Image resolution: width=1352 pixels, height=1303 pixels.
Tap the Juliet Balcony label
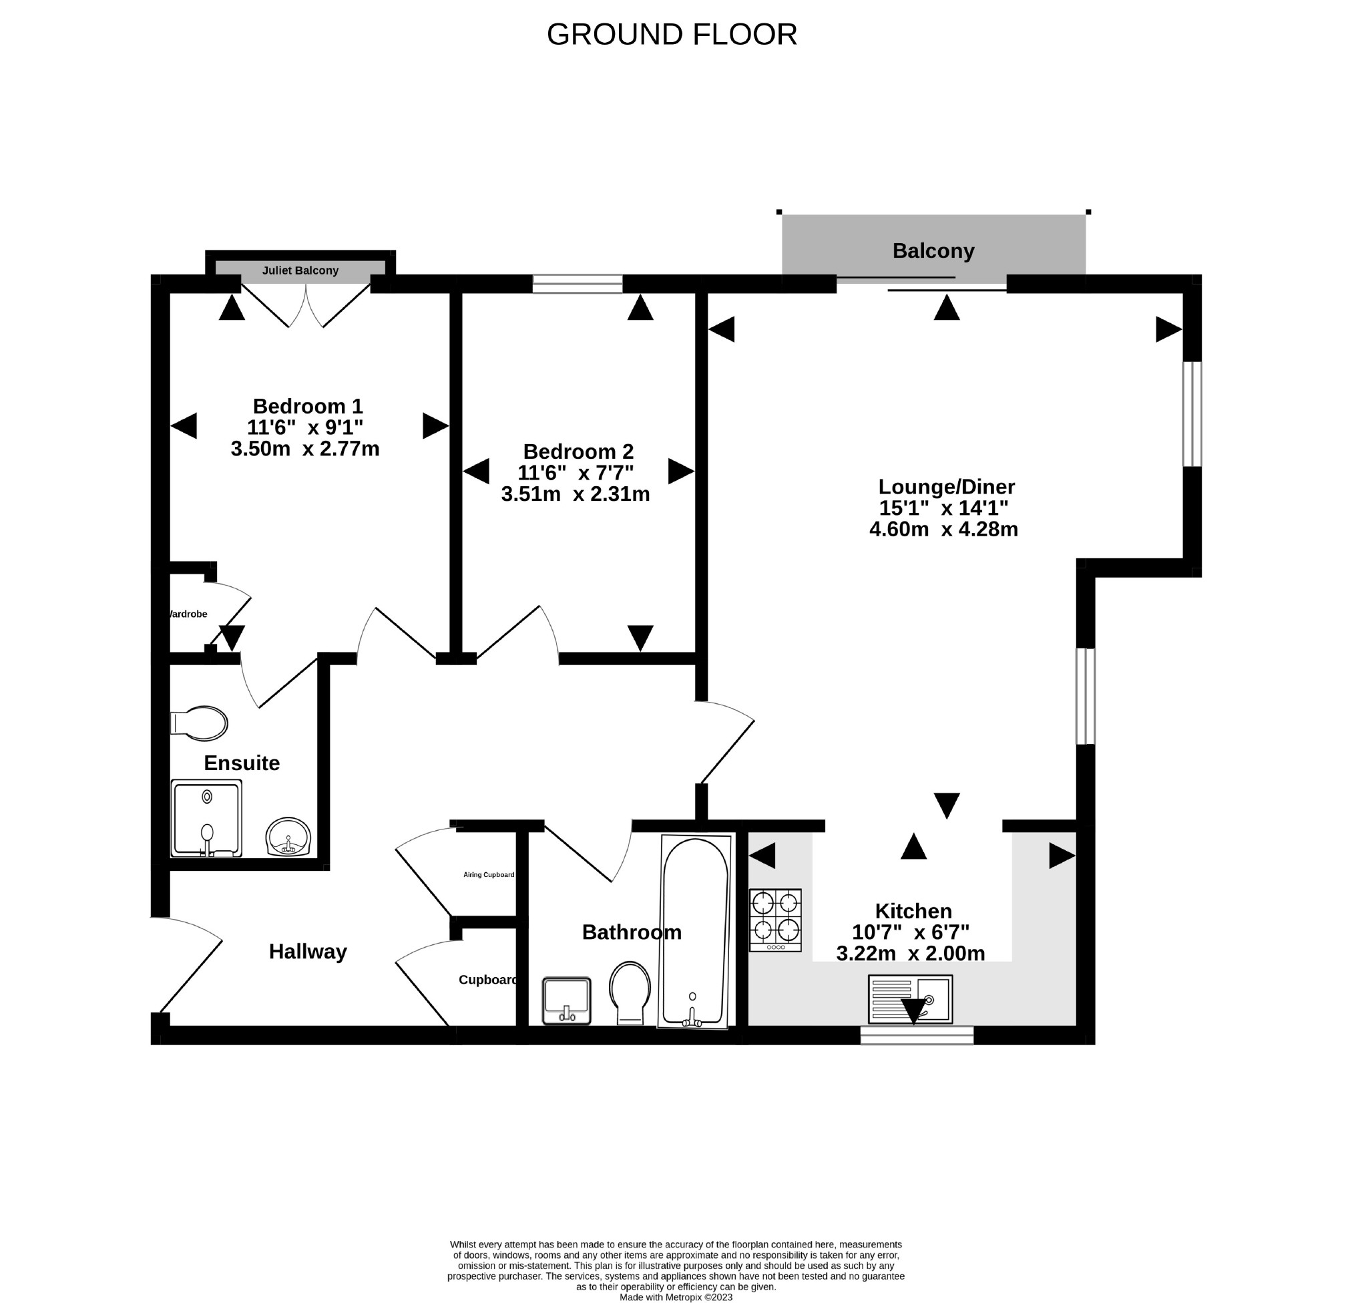pyautogui.click(x=300, y=270)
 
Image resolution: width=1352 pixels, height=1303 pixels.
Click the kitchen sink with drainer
pyautogui.click(x=911, y=998)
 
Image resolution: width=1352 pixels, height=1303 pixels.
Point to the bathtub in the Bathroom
pyautogui.click(x=694, y=932)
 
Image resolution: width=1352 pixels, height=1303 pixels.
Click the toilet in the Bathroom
pyautogui.click(x=630, y=993)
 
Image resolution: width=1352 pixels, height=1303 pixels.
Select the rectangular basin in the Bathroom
pyautogui.click(x=567, y=1000)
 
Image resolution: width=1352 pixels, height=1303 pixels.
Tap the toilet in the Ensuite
pyautogui.click(x=199, y=723)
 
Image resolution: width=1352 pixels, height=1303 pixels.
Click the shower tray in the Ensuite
pyautogui.click(x=206, y=819)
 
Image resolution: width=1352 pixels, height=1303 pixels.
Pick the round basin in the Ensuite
pyautogui.click(x=288, y=837)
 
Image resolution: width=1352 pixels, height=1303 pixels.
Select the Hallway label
pyautogui.click(x=308, y=952)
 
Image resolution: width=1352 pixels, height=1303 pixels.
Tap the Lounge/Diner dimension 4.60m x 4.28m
pyautogui.click(x=943, y=530)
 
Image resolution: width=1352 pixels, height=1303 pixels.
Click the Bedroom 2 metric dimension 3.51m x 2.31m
pyautogui.click(x=576, y=494)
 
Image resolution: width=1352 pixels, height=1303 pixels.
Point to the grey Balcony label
pyautogui.click(x=933, y=250)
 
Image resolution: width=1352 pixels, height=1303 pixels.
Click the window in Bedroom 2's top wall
pyautogui.click(x=578, y=284)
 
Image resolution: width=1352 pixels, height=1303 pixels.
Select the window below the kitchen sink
pyautogui.click(x=917, y=1035)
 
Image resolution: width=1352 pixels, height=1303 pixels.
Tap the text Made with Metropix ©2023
pyautogui.click(x=676, y=1297)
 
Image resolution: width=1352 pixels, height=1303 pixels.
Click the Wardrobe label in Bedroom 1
pyautogui.click(x=188, y=614)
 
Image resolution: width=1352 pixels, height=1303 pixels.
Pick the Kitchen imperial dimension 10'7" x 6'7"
pyautogui.click(x=911, y=932)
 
